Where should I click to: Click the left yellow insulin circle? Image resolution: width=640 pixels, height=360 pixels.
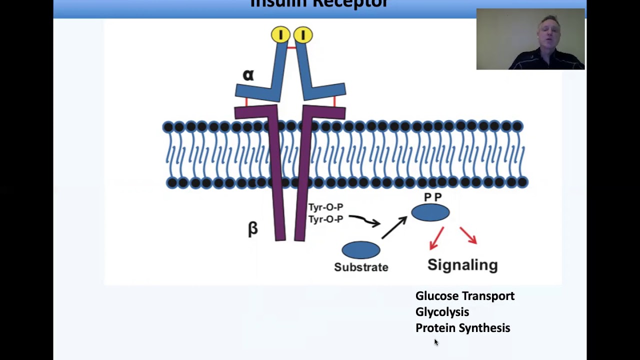[280, 34]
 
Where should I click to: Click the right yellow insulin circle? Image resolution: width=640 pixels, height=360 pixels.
[303, 34]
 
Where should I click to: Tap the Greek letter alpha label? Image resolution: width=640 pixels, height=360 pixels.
[248, 75]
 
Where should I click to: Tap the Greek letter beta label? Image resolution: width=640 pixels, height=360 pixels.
[253, 228]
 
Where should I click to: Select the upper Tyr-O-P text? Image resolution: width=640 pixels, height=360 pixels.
[325, 207]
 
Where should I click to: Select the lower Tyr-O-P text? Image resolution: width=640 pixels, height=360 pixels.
[325, 219]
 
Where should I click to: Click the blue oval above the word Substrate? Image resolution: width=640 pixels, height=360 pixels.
[361, 250]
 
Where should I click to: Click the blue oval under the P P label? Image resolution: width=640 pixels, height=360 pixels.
[430, 212]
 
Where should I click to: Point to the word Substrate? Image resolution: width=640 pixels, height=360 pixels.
[361, 267]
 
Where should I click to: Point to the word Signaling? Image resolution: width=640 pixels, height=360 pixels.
[462, 264]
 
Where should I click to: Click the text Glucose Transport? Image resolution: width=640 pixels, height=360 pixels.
[465, 296]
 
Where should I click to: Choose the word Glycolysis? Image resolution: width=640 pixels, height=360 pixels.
[442, 312]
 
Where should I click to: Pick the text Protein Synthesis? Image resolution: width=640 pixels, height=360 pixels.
[462, 328]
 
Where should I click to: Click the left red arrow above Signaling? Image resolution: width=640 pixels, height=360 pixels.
[436, 237]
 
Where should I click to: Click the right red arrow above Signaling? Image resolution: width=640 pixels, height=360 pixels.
[468, 235]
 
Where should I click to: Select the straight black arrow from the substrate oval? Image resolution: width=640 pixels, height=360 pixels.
[394, 227]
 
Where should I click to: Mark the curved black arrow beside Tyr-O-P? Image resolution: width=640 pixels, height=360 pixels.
[364, 220]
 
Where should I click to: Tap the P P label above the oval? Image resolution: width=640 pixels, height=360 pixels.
[432, 197]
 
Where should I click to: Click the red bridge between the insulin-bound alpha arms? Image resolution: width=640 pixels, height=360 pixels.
[291, 47]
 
